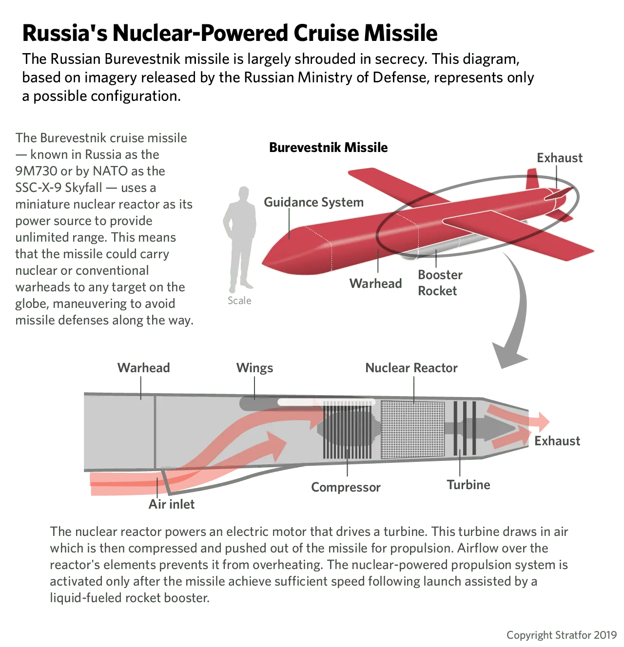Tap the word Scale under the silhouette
239,301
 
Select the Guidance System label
313,202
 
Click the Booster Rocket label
440,283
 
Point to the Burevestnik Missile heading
328,147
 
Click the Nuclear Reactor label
411,368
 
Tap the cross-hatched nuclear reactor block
412,430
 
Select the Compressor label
346,487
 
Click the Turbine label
468,485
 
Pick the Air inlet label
172,504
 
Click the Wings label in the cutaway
254,368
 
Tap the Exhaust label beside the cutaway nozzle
557,441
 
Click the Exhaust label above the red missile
560,158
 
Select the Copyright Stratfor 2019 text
562,635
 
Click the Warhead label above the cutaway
143,368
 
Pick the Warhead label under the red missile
375,284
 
